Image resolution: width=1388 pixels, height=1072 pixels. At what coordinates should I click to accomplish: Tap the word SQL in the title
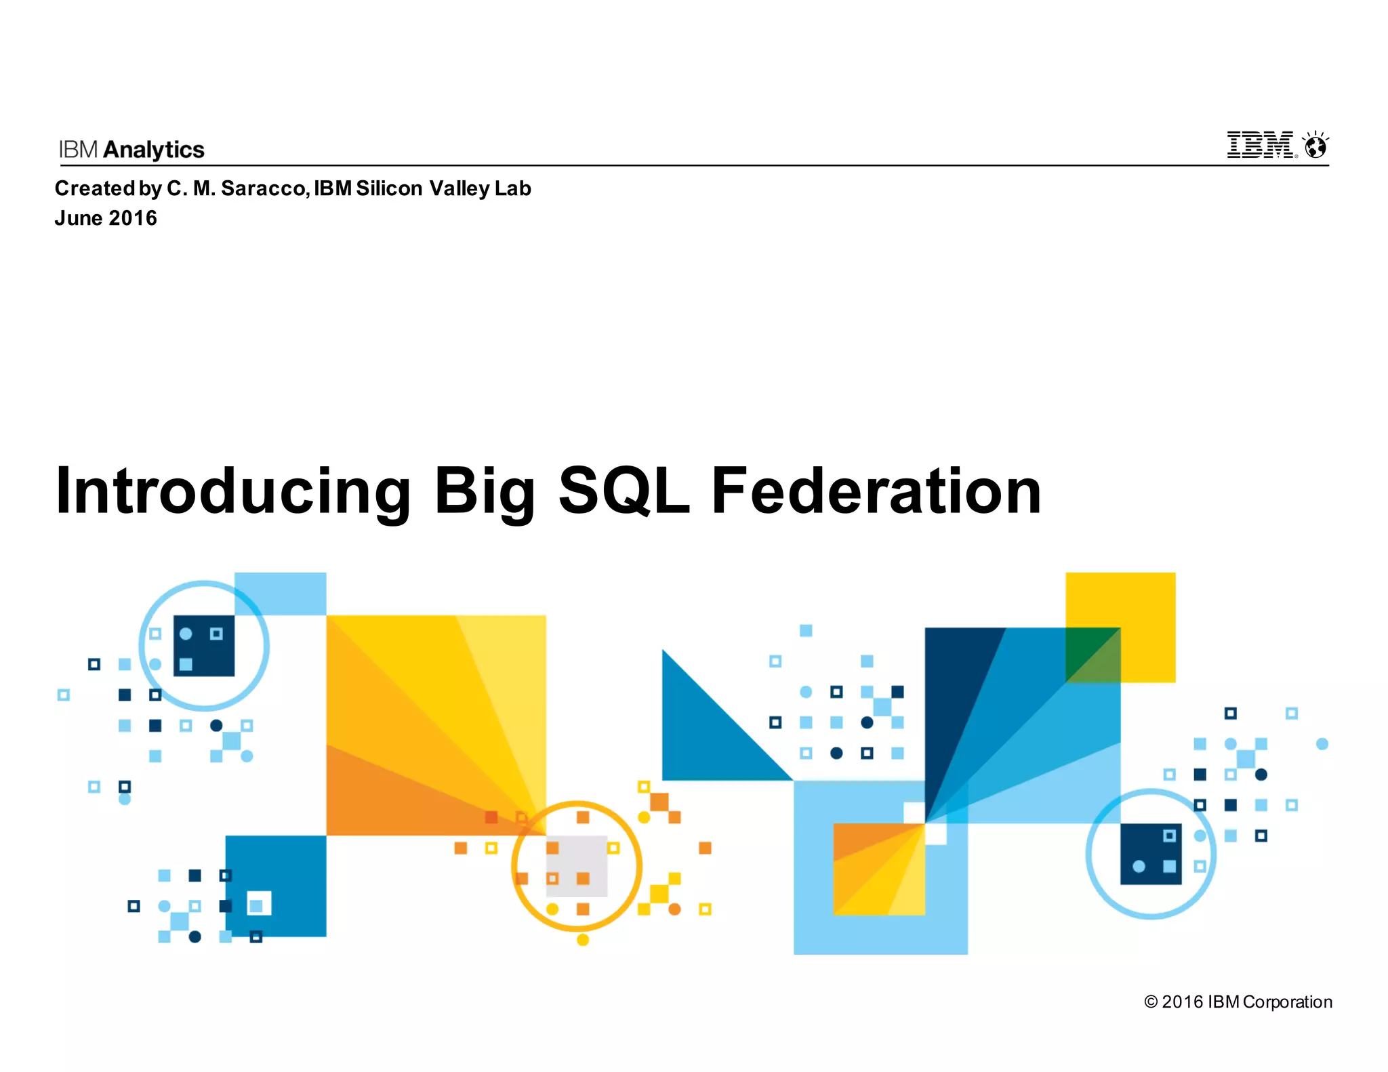coord(624,491)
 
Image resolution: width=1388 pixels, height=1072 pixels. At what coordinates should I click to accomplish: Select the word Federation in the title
coord(876,491)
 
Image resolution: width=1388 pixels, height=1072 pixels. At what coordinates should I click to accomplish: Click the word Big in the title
coord(485,491)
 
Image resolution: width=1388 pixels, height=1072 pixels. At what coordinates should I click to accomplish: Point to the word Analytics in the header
coord(154,150)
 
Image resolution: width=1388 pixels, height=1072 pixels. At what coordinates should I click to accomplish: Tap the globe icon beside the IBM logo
coord(1315,146)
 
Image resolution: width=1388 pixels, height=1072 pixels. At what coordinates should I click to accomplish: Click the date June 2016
coord(106,218)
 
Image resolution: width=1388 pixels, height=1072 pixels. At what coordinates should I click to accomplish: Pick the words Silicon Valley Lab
coord(443,188)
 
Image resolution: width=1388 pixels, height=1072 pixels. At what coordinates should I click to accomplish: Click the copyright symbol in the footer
coord(1150,1002)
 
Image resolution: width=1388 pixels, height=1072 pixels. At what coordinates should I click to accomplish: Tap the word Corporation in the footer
coord(1288,1002)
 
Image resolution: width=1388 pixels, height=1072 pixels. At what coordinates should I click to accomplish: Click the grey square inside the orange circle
coord(577,866)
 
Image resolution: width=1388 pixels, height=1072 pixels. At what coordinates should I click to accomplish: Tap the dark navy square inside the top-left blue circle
coord(204,646)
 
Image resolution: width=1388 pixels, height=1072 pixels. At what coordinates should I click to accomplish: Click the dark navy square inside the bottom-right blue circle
coord(1151,854)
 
